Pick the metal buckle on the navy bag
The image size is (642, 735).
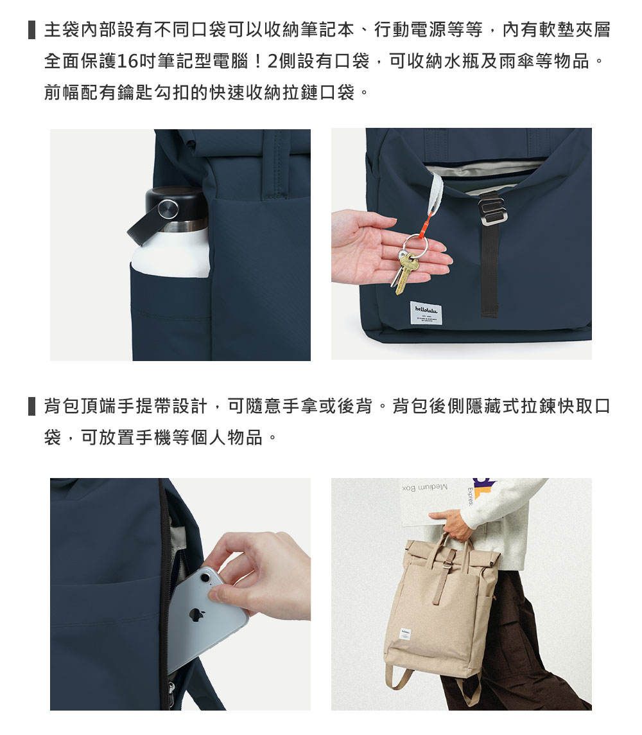point(490,209)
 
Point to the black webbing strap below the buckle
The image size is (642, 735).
point(489,270)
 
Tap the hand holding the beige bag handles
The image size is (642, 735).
point(457,529)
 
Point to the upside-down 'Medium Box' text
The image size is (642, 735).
point(424,488)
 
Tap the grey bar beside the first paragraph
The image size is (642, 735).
point(31,30)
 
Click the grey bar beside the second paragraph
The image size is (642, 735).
point(31,407)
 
